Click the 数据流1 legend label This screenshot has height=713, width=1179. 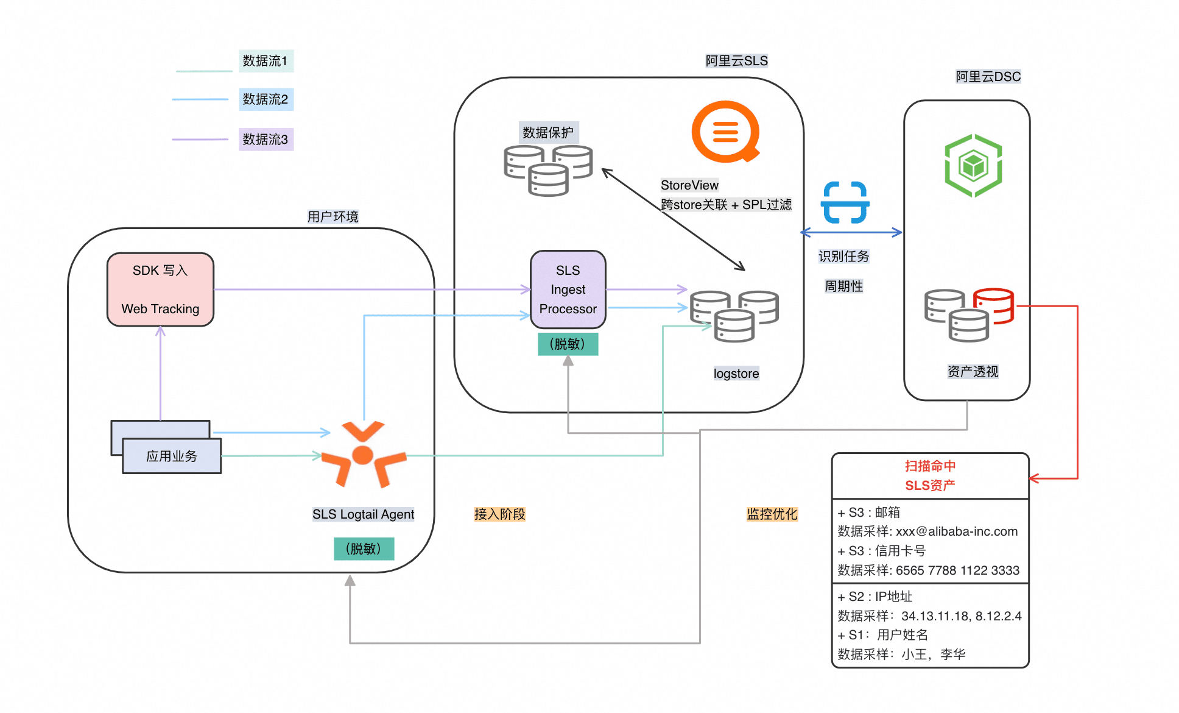266,61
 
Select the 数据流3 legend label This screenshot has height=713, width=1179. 266,140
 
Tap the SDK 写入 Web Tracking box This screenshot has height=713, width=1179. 160,289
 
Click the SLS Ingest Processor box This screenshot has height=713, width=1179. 568,289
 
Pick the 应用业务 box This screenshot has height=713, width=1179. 172,456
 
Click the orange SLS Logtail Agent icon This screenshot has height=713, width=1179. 363,454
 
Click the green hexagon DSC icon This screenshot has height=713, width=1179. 973,166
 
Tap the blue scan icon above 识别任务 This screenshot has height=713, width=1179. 845,202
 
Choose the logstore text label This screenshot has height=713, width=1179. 736,374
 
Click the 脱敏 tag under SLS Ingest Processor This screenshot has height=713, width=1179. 568,344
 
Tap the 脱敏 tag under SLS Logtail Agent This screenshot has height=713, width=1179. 364,548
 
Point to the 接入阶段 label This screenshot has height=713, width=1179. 499,514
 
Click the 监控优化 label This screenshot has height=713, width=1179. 772,514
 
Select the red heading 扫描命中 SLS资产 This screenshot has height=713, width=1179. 930,475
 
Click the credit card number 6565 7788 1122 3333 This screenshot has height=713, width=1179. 957,570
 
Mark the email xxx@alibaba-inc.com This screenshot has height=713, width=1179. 957,531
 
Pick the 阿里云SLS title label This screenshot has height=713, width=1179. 737,61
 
